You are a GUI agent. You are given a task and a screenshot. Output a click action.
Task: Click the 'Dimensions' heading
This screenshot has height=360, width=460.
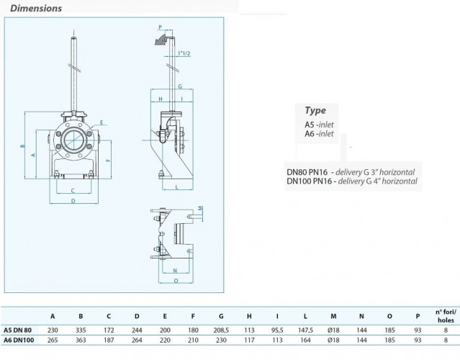click(x=36, y=8)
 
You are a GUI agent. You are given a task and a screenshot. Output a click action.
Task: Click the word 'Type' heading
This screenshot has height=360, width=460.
click(x=315, y=111)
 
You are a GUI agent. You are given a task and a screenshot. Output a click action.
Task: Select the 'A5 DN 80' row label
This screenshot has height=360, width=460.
click(x=17, y=330)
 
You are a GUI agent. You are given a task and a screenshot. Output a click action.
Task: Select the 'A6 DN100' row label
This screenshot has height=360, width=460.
click(x=19, y=340)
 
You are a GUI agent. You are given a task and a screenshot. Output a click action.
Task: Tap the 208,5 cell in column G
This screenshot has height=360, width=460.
click(x=221, y=330)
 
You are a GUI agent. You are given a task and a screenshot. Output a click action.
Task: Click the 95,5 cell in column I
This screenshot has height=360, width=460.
click(x=277, y=330)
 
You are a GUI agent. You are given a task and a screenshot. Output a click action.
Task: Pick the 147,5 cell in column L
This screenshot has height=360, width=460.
click(x=305, y=330)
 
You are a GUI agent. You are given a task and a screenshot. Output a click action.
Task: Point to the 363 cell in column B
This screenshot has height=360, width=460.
click(x=81, y=340)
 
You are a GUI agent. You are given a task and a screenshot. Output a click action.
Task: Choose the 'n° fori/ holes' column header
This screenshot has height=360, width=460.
click(x=446, y=315)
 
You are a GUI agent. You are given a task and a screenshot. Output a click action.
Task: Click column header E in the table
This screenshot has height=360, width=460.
click(x=165, y=316)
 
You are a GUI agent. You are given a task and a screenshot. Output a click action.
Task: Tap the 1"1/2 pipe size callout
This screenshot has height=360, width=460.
click(x=184, y=53)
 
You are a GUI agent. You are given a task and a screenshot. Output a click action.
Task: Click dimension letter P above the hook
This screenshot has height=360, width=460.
click(x=161, y=27)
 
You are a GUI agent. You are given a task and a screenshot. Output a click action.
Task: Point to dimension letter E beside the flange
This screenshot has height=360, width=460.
click(x=102, y=122)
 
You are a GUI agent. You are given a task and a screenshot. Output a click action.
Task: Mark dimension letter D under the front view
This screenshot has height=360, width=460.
click(x=73, y=201)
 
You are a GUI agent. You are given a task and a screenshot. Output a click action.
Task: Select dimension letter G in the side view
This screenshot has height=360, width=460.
click(x=180, y=86)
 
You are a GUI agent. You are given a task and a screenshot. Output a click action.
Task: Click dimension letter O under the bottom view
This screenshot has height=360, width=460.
click(x=176, y=281)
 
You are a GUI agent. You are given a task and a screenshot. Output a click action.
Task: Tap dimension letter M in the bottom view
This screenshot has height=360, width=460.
click(x=200, y=208)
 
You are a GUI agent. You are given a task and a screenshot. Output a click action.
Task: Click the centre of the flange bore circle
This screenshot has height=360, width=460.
click(x=73, y=140)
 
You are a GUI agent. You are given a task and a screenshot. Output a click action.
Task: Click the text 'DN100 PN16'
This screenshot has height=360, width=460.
click(x=310, y=181)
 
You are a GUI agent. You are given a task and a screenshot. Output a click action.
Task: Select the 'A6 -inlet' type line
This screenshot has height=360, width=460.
click(x=319, y=134)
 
